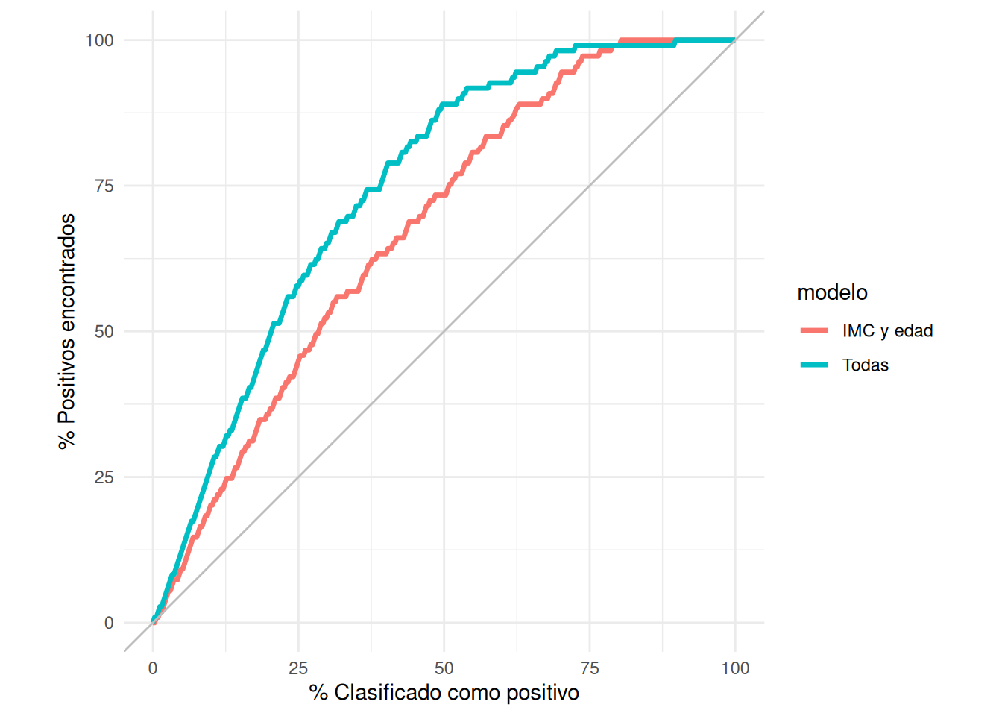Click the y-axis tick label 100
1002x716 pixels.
(99, 40)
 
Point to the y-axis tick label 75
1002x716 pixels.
(104, 186)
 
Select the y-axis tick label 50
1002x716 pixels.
(104, 331)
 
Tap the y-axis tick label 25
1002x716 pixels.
(104, 477)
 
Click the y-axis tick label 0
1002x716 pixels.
(109, 623)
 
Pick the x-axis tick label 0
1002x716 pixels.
(153, 668)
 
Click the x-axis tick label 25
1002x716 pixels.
(298, 668)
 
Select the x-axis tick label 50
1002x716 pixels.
(444, 668)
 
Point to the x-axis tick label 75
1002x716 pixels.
(590, 668)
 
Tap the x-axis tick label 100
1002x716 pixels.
(735, 668)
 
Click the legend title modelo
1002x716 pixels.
(832, 292)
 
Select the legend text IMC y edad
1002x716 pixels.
(887, 331)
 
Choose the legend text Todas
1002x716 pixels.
(865, 365)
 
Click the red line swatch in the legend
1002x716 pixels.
(814, 330)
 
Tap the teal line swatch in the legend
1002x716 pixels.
(814, 365)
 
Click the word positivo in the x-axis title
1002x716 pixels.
(542, 693)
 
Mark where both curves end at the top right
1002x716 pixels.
(735, 40)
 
